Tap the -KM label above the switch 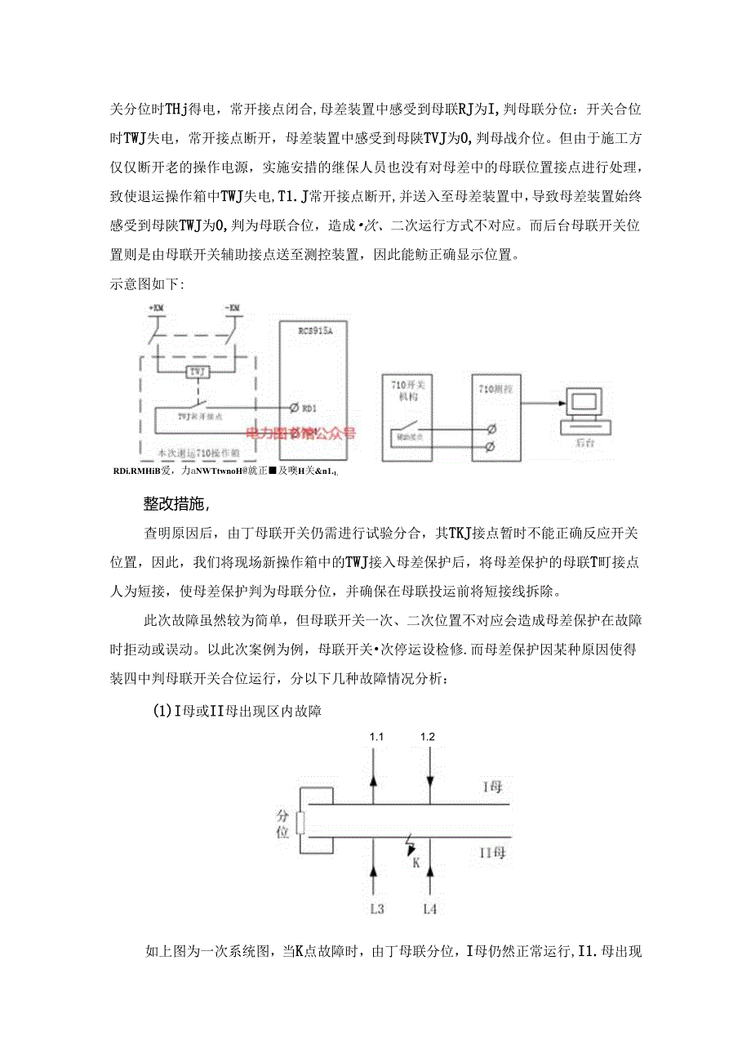(232, 307)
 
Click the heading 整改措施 (177, 503)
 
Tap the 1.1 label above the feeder (376, 736)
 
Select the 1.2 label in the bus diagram (428, 736)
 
